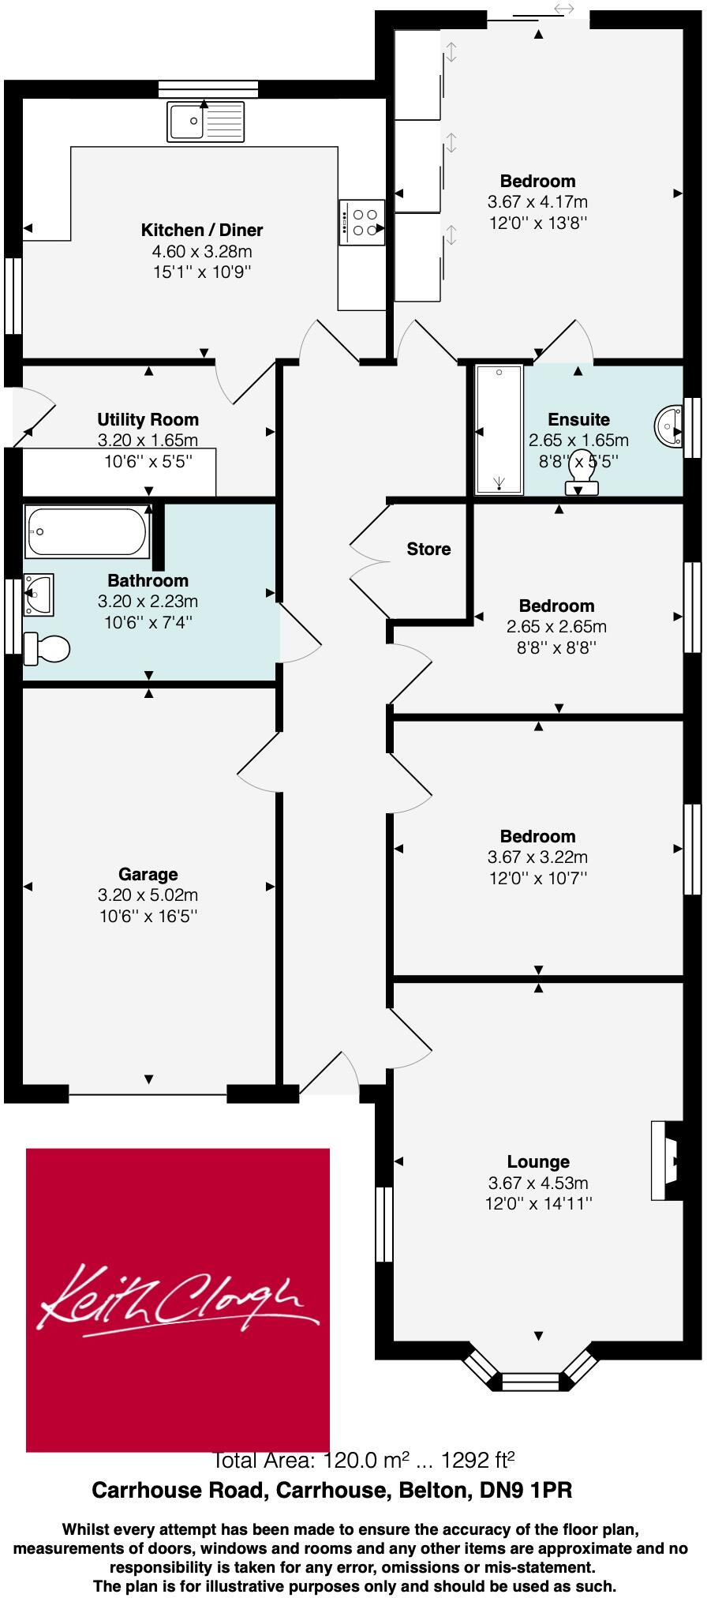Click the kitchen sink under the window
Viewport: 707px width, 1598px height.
(206, 122)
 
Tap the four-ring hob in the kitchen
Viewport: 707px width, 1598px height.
(363, 223)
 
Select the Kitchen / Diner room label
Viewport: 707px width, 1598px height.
(202, 231)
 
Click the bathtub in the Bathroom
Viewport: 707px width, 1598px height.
(87, 531)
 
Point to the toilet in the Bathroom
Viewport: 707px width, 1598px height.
(47, 649)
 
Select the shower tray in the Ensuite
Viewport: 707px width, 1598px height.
(499, 430)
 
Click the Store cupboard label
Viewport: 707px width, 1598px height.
(428, 550)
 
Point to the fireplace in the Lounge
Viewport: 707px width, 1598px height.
(665, 1161)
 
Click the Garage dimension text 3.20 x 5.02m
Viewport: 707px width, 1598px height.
(148, 895)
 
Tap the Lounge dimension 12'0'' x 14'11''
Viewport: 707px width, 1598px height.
(538, 1204)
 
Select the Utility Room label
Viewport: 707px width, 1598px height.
(148, 420)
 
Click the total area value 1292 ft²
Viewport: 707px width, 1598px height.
(478, 1459)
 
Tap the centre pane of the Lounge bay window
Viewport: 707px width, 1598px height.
(529, 1381)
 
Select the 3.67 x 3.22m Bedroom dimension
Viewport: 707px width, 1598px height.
(537, 857)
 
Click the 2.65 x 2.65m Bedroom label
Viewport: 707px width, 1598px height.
(556, 606)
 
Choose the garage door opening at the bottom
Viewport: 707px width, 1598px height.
(148, 1094)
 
